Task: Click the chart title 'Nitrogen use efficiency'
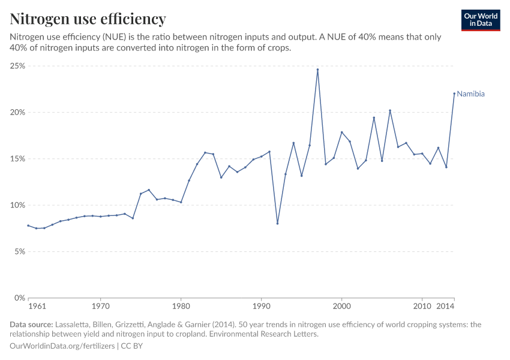pyautogui.click(x=88, y=19)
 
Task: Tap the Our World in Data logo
pyautogui.click(x=480, y=20)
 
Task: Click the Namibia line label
pyautogui.click(x=470, y=94)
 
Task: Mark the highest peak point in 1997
pyautogui.click(x=317, y=70)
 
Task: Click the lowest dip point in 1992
pyautogui.click(x=277, y=223)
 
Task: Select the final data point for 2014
pyautogui.click(x=454, y=94)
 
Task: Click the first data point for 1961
pyautogui.click(x=28, y=226)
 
